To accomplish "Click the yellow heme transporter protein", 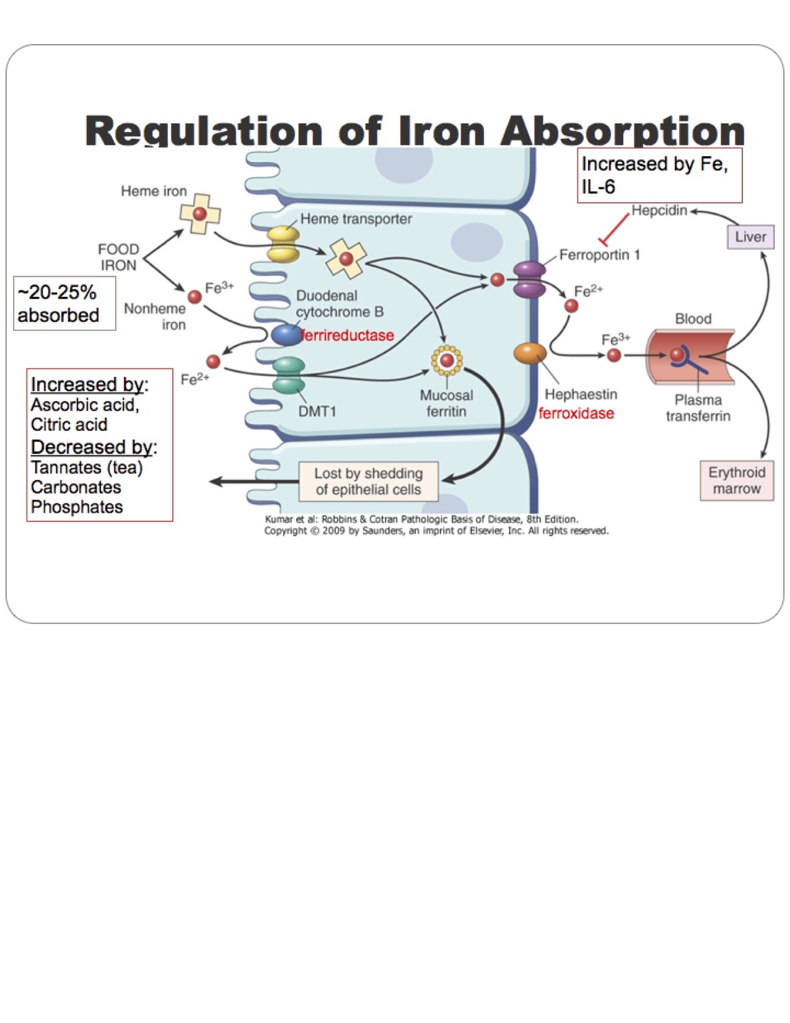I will pos(283,244).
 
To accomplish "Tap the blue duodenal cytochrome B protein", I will pos(286,335).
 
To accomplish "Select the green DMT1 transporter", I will pos(289,376).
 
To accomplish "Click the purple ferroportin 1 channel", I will pos(529,280).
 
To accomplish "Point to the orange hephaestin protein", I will pos(530,353).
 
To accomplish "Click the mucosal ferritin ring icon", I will pos(447,360).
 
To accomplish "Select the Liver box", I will pos(750,237).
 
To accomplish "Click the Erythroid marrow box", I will pos(737,480).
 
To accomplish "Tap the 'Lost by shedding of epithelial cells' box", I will pos(368,481).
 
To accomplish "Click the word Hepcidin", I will pos(659,211).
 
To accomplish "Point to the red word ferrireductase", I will pos(347,335).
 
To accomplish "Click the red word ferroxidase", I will pos(576,414).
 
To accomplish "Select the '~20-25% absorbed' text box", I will pos(64,303).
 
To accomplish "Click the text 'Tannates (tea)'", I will pos(87,467).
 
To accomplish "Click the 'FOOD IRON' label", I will pos(118,257).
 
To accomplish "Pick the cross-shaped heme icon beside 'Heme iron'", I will pos(200,214).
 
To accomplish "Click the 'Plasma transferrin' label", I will pos(698,408).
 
